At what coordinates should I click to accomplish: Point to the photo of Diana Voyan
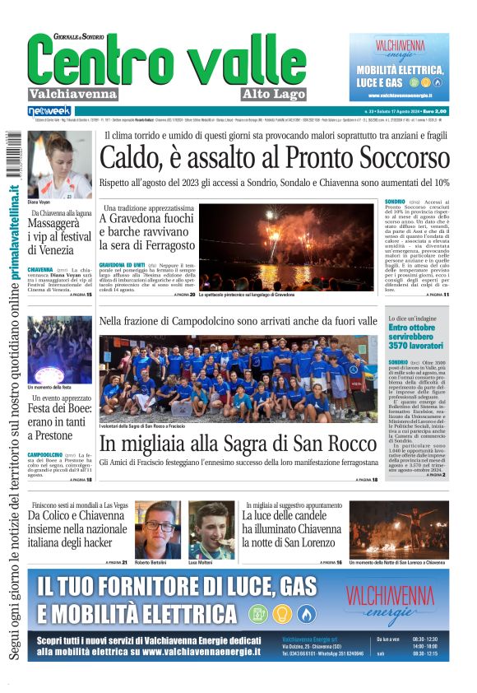(59, 164)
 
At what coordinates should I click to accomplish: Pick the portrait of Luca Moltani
(211, 529)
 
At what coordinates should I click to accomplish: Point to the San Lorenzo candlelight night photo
(399, 529)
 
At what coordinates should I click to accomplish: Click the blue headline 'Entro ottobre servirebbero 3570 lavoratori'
(416, 337)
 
